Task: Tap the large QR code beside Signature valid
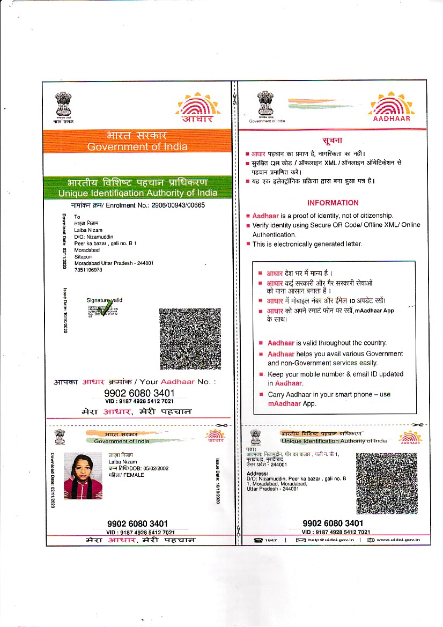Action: (190, 338)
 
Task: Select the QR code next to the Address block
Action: (386, 483)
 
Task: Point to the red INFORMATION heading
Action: (333, 203)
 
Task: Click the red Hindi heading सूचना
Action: (332, 141)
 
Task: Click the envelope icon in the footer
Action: (301, 540)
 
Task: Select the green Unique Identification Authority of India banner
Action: (138, 188)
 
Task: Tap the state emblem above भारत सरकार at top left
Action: (63, 104)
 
